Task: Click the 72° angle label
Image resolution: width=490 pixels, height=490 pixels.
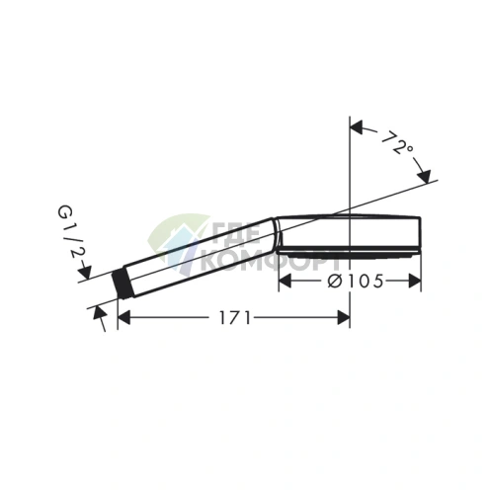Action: [x=397, y=142]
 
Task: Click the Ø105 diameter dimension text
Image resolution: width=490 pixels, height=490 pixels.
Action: [x=356, y=282]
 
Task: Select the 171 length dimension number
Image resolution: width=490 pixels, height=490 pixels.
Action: [x=235, y=318]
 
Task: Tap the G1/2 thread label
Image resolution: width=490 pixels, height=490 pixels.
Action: [x=71, y=231]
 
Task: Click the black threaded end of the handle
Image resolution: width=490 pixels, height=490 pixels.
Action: [x=122, y=284]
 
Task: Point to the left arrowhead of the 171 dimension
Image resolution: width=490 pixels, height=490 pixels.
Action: [x=123, y=318]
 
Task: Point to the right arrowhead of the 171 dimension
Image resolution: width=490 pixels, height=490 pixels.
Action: [x=344, y=318]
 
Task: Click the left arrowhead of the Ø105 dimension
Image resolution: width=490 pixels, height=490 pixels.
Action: [x=286, y=282]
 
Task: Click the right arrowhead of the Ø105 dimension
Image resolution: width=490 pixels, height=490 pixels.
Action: [x=415, y=282]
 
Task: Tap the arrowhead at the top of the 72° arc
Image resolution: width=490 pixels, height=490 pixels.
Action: [x=357, y=127]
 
